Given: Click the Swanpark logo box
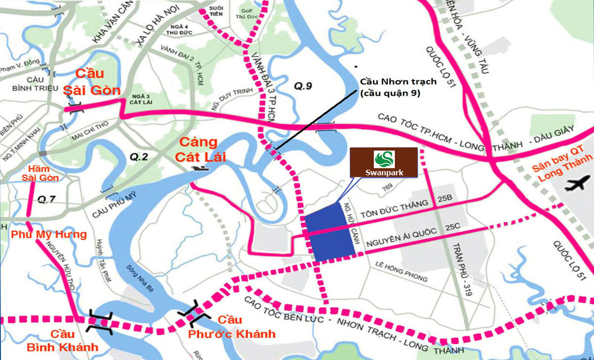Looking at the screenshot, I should tap(384, 162).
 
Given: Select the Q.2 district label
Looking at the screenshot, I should tap(139, 157).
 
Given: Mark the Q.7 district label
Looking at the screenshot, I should tap(46, 200).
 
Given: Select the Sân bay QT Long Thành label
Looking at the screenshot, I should tap(561, 168).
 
